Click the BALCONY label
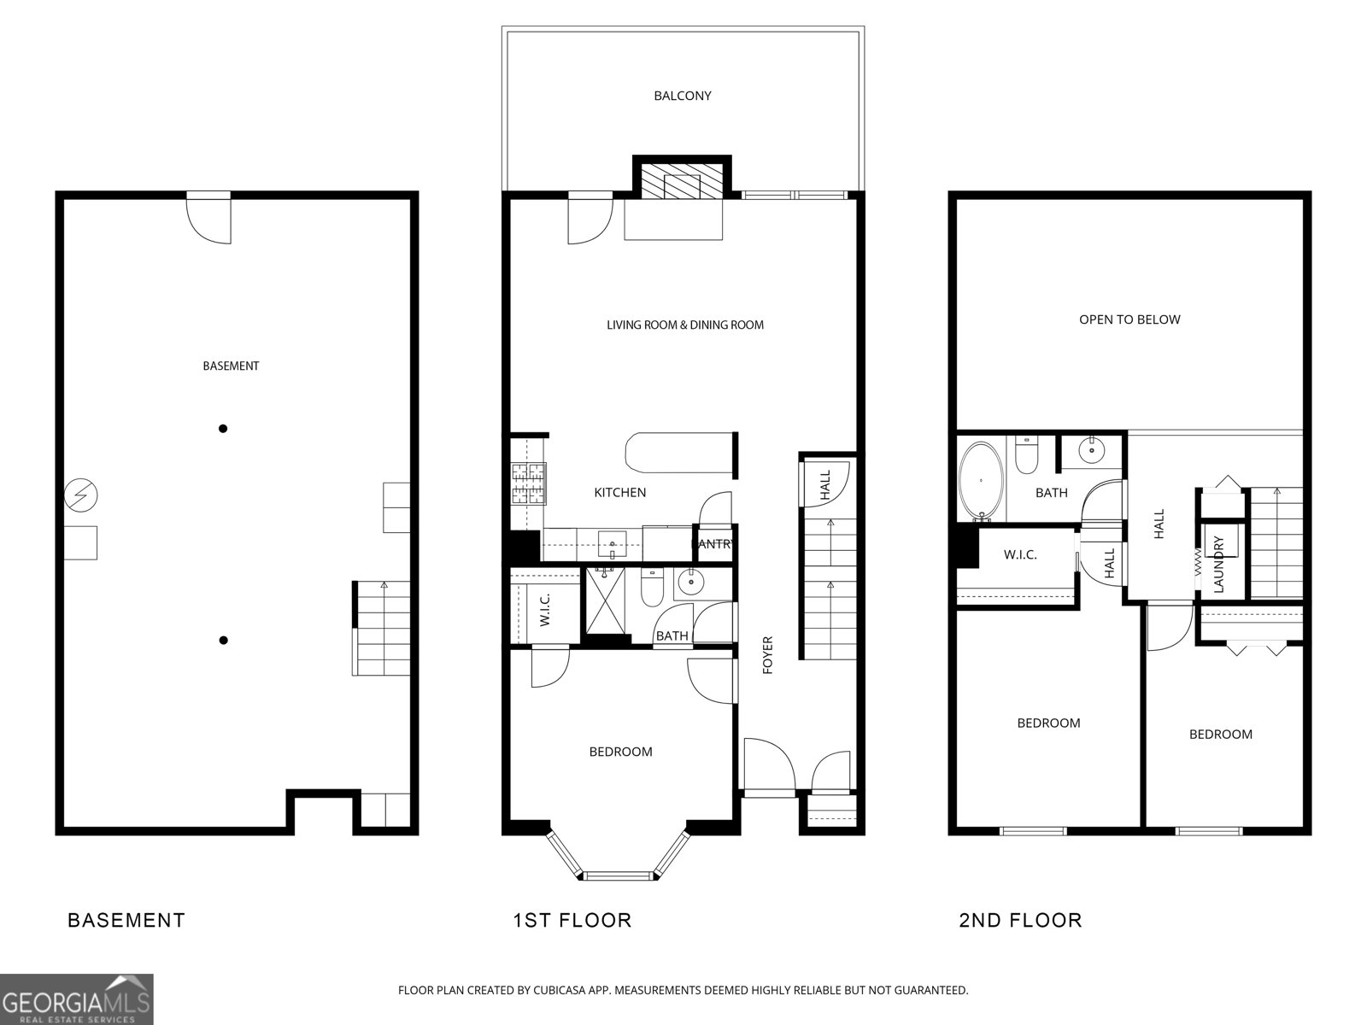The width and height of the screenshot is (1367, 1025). click(682, 96)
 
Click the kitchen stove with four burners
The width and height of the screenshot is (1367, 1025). click(529, 483)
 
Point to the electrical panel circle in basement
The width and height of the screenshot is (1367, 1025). click(81, 495)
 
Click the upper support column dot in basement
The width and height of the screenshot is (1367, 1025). click(223, 429)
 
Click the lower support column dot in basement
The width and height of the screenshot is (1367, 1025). click(223, 640)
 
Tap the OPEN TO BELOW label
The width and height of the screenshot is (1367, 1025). click(1129, 319)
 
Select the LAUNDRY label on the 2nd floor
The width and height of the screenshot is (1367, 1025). click(1219, 565)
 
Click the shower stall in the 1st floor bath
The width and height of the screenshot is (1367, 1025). click(610, 603)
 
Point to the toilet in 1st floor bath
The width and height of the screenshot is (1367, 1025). click(652, 588)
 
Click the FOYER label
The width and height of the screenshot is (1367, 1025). click(767, 655)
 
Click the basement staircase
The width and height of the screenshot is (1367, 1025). click(383, 629)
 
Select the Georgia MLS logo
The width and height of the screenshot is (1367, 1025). click(77, 999)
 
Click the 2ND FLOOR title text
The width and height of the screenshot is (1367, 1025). click(1020, 920)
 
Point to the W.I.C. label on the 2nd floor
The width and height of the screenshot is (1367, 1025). click(1020, 555)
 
